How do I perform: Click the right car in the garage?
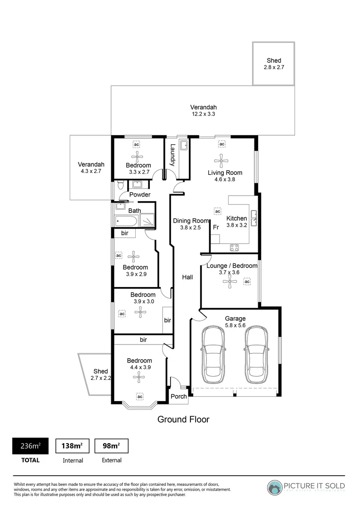point(257,356)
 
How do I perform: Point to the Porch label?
point(179,396)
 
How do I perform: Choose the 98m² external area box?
point(112,446)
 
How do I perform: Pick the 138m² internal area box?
point(73,446)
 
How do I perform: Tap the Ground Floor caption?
point(183,419)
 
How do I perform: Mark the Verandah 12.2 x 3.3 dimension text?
point(203,114)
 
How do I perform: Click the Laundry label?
point(173,155)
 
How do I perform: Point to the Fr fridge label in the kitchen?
point(216,228)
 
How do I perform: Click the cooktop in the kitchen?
point(234,247)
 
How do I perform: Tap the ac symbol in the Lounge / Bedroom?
point(247,282)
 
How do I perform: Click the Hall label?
point(188,277)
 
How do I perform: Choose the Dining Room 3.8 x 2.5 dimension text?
point(190,228)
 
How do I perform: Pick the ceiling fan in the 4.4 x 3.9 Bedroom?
point(139,376)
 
